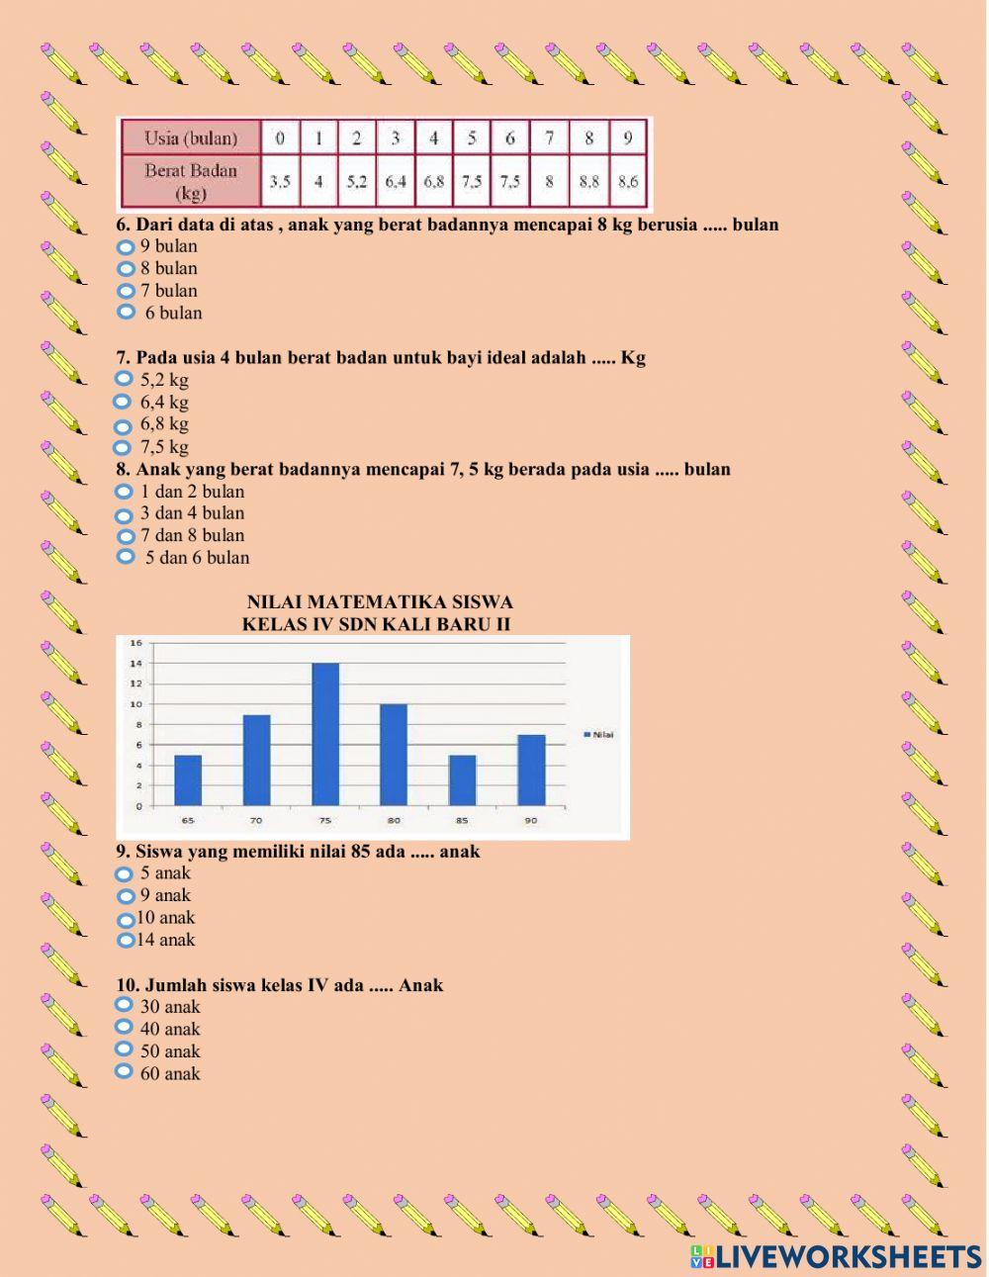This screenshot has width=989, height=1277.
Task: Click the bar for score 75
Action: pyautogui.click(x=325, y=734)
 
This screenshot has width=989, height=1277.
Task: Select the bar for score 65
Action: pyautogui.click(x=188, y=780)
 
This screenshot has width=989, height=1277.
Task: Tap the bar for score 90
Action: pyautogui.click(x=531, y=770)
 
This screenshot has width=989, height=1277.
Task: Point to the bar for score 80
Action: pyautogui.click(x=394, y=755)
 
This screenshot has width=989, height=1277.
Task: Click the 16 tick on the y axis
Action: pyautogui.click(x=137, y=643)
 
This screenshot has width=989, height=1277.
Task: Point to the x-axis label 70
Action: pyautogui.click(x=256, y=821)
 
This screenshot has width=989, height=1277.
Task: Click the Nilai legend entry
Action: pyautogui.click(x=598, y=734)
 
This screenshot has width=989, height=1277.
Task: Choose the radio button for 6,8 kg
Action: pyautogui.click(x=123, y=426)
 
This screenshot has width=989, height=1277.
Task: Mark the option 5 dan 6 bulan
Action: pyautogui.click(x=125, y=557)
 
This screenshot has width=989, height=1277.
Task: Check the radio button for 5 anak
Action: pyautogui.click(x=124, y=873)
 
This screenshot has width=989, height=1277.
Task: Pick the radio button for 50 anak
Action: pyautogui.click(x=124, y=1049)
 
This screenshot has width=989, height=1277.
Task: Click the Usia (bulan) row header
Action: pyautogui.click(x=191, y=137)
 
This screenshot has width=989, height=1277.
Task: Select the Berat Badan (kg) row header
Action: pyautogui.click(x=191, y=181)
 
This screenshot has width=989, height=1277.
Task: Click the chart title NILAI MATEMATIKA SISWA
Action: pyautogui.click(x=380, y=601)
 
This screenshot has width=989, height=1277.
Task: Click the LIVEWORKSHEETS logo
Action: pyautogui.click(x=836, y=1256)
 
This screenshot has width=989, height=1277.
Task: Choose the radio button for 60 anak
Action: pyautogui.click(x=124, y=1071)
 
